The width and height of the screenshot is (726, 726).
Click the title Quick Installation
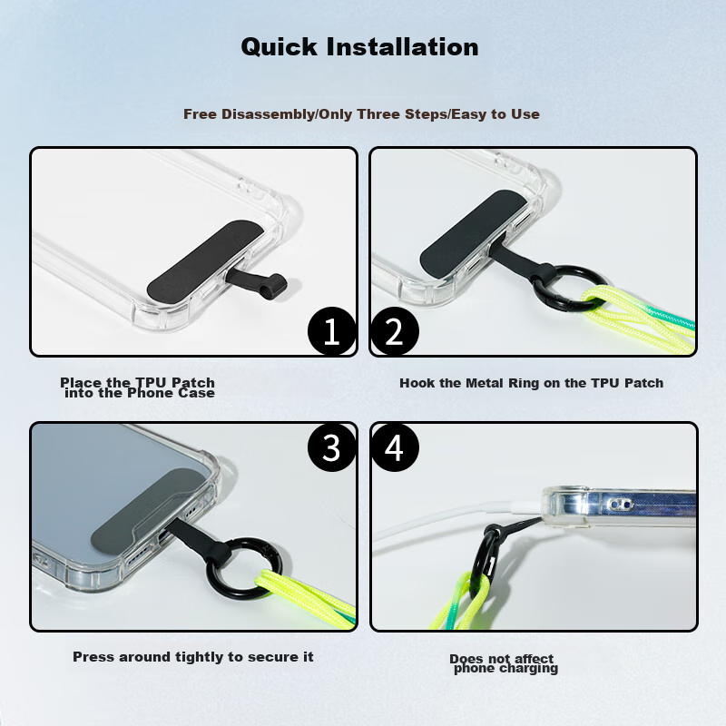[x=359, y=47]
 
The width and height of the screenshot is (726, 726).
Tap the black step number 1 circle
[x=331, y=331]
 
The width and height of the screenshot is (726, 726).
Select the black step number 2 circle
[x=395, y=331]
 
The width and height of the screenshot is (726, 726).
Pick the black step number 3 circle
[x=331, y=447]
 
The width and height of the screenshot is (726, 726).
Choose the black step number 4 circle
[x=395, y=447]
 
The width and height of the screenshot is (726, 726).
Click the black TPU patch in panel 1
[x=205, y=261]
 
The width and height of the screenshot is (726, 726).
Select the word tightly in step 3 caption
[x=201, y=657]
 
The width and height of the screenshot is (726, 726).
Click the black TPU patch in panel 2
[x=473, y=234]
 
